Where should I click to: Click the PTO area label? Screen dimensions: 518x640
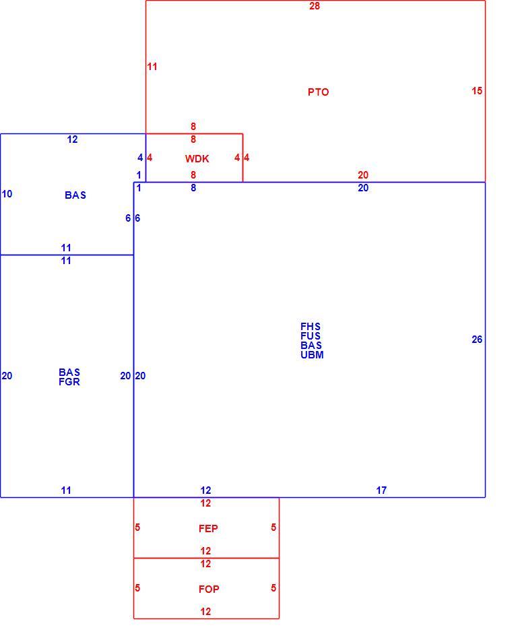(x=318, y=92)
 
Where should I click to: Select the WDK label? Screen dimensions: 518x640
(x=197, y=159)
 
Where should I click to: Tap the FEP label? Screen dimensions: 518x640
(x=208, y=529)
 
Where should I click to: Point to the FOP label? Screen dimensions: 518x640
(x=209, y=589)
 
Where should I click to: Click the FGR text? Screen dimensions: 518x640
(x=69, y=382)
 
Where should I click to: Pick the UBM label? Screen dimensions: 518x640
(x=312, y=355)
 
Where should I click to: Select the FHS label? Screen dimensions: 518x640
(x=311, y=327)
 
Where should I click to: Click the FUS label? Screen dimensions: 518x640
(x=311, y=336)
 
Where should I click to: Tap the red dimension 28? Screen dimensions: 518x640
(x=315, y=5)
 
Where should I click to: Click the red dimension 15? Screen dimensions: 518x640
(x=477, y=91)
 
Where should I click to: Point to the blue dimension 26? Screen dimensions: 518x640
(x=477, y=339)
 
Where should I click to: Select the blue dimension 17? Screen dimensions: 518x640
(x=381, y=490)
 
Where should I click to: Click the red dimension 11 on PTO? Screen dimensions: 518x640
(x=152, y=67)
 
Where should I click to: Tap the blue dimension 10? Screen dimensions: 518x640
(x=7, y=194)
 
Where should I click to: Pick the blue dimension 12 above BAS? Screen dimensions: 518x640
(x=72, y=139)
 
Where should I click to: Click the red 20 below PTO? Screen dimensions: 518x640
(x=363, y=174)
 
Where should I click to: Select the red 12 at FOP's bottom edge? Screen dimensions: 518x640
(x=205, y=612)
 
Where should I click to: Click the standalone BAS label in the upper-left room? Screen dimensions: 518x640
(x=75, y=195)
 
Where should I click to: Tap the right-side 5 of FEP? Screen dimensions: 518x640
(x=273, y=527)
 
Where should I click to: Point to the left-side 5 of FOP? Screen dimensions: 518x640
(x=137, y=587)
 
